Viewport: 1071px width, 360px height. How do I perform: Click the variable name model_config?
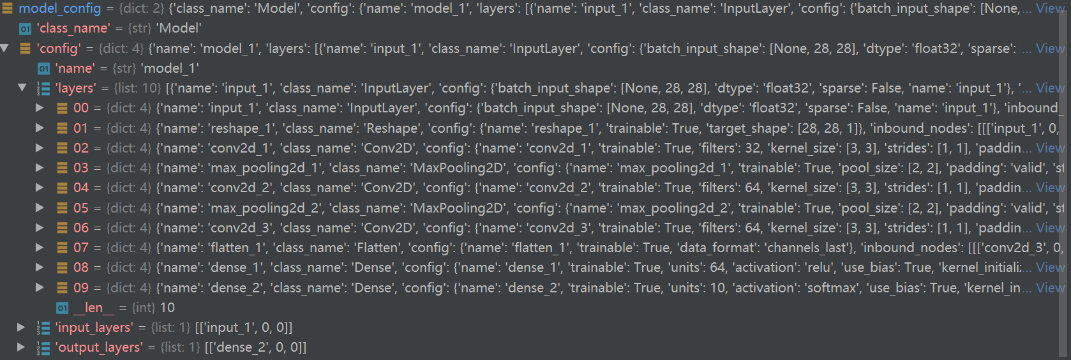pyautogui.click(x=59, y=8)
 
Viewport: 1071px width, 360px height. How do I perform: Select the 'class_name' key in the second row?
pyautogui.click(x=73, y=29)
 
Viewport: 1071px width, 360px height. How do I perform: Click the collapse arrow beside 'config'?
pyautogui.click(x=5, y=49)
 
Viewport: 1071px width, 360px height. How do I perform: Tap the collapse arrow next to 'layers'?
pyautogui.click(x=22, y=88)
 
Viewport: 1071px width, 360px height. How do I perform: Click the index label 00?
pyautogui.click(x=81, y=108)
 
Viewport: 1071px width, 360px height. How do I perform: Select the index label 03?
pyautogui.click(x=81, y=168)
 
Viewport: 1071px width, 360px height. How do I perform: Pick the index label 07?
pyautogui.click(x=81, y=248)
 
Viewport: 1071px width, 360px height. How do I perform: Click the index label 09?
pyautogui.click(x=81, y=288)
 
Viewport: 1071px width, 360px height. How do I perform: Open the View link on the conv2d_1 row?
pyautogui.click(x=1050, y=148)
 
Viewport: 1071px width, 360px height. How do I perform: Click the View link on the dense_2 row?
pyautogui.click(x=1050, y=288)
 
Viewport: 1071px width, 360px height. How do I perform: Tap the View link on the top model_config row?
pyautogui.click(x=1050, y=8)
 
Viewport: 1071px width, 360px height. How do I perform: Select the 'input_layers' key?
pyautogui.click(x=94, y=327)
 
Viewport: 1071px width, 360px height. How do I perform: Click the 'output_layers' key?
pyautogui.click(x=99, y=347)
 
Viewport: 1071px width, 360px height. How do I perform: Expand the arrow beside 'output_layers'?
pyautogui.click(x=21, y=347)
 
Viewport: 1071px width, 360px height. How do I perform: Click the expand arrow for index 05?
pyautogui.click(x=40, y=208)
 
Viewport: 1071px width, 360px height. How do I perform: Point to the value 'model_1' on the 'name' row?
pyautogui.click(x=170, y=68)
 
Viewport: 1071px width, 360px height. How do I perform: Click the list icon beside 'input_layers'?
pyautogui.click(x=43, y=328)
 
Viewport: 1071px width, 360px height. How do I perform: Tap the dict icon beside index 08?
pyautogui.click(x=62, y=268)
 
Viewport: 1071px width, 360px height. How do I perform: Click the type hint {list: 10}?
pyautogui.click(x=137, y=88)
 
